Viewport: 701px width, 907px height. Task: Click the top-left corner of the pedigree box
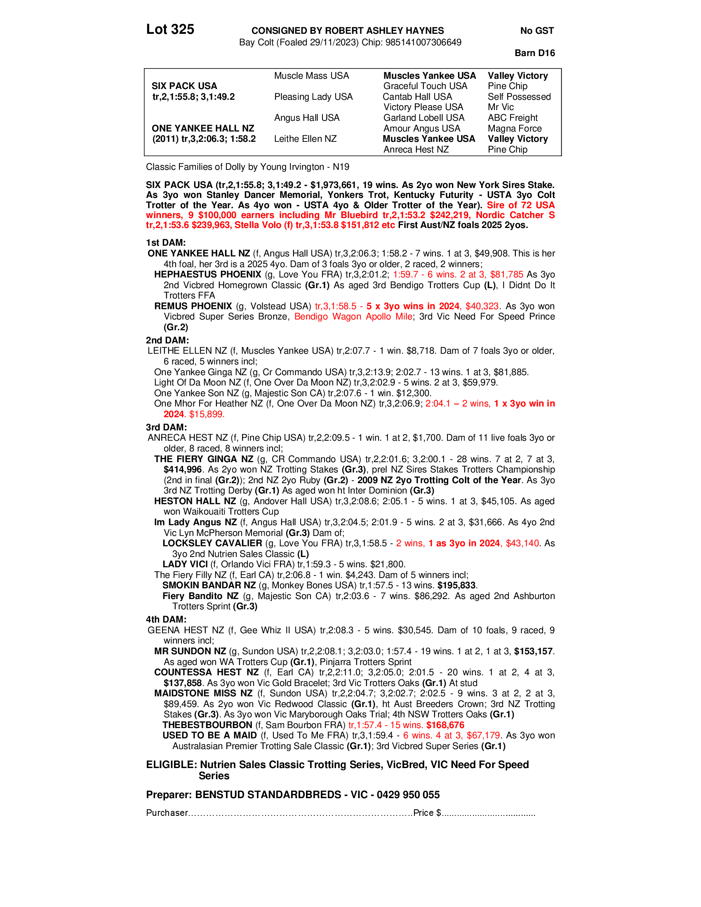click(144, 69)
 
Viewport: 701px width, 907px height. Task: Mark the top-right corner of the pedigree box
click(562, 69)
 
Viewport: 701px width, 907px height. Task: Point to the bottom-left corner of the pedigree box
click(144, 156)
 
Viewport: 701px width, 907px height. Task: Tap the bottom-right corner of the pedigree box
click(562, 156)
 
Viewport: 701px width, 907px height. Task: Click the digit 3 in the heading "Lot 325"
click(175, 30)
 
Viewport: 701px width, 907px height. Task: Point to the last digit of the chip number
click(459, 43)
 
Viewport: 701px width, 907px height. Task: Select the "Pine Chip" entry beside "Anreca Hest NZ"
click(508, 150)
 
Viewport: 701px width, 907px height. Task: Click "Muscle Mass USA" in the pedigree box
click(311, 75)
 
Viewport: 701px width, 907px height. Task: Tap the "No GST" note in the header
click(537, 31)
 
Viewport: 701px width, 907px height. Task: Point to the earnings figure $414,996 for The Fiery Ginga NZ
click(182, 470)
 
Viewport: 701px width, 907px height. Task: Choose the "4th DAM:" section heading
click(166, 620)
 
